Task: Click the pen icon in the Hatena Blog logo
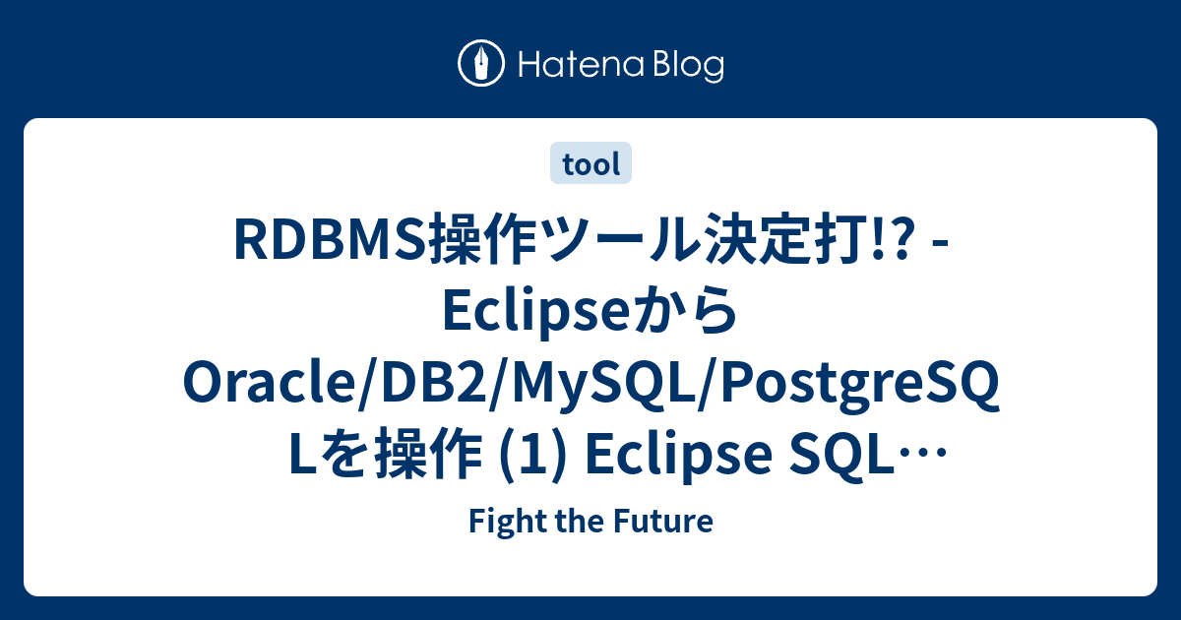coord(481,64)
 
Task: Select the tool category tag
coord(590,164)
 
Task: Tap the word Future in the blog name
coord(670,522)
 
